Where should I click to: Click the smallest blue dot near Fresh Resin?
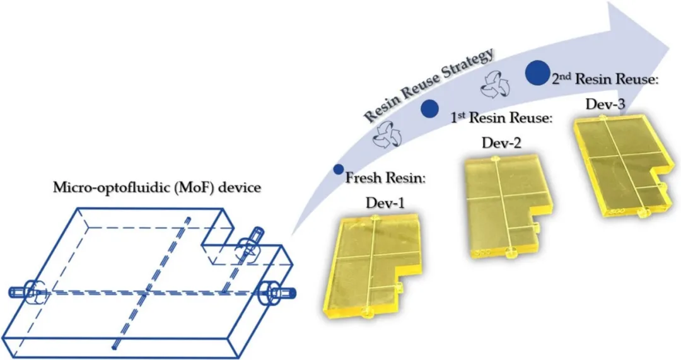[x=339, y=169]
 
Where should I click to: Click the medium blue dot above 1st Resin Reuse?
[x=429, y=108]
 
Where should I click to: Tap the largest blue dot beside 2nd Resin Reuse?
[x=537, y=73]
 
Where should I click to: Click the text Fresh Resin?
[x=386, y=179]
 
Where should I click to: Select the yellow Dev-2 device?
[x=501, y=209]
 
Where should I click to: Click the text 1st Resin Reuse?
[x=501, y=118]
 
